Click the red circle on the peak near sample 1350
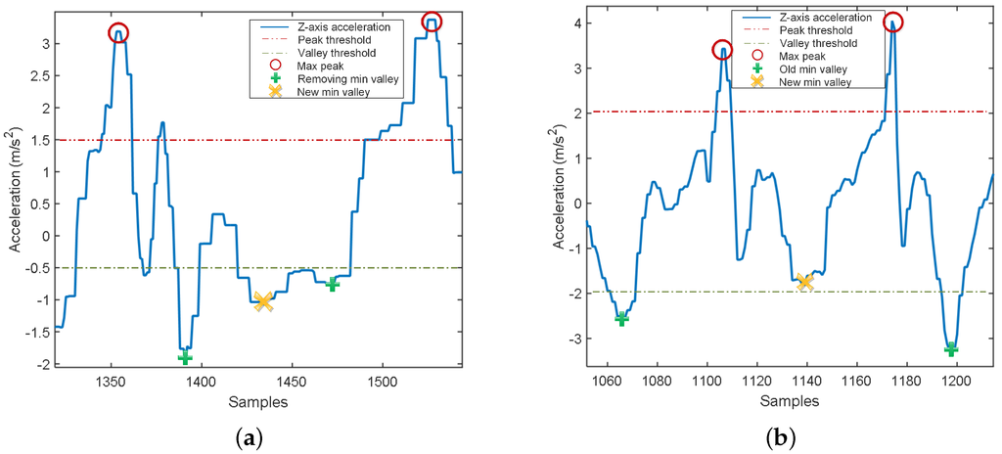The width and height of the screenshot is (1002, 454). pos(117,33)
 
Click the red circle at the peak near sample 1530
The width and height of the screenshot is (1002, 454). pos(431,21)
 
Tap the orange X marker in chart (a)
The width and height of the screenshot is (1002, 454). pos(262,300)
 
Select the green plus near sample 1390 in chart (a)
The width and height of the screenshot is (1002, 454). pos(185,357)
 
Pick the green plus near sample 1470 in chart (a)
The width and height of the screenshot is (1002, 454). pos(333,284)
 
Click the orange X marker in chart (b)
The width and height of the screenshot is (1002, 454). pos(804,282)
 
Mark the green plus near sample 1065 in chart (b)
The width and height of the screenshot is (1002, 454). pos(621,318)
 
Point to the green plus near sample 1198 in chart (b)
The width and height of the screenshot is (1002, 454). pos(950,349)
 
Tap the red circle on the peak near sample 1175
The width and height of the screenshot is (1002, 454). pos(893,22)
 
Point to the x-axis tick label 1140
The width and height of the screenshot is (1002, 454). pos(806,384)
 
